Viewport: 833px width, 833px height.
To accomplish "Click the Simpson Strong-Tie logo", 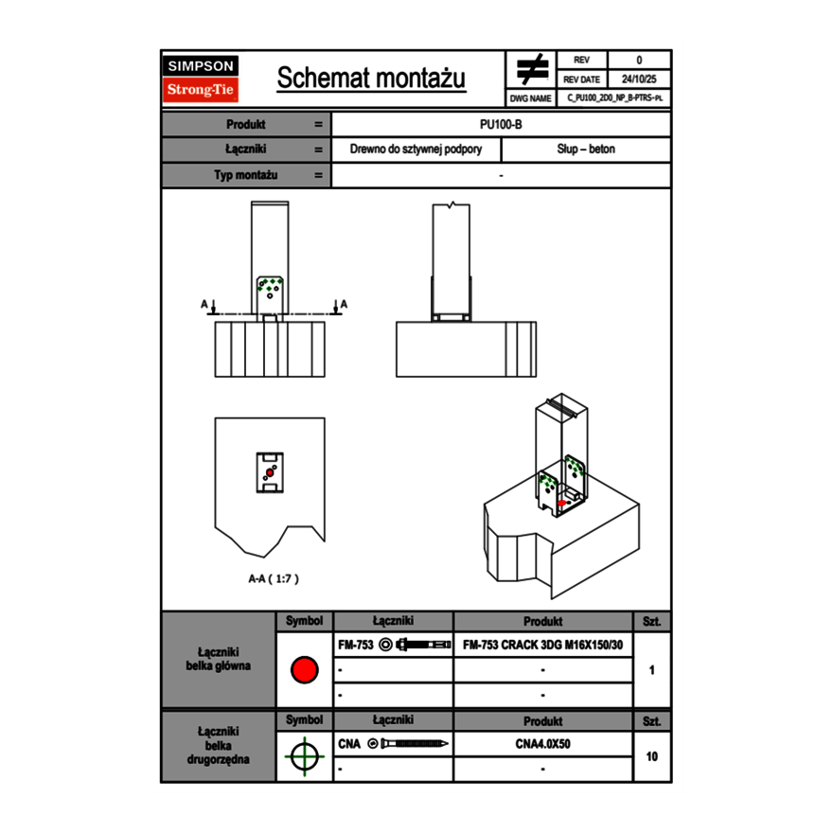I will click(x=202, y=79).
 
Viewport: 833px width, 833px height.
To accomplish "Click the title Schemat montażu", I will click(x=371, y=79).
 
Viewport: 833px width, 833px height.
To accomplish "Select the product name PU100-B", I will click(x=501, y=124).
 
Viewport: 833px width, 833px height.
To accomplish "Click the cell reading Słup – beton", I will click(x=586, y=150).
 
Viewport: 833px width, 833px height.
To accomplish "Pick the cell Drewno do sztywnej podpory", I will click(x=416, y=150).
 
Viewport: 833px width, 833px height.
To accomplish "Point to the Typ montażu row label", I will click(x=245, y=175).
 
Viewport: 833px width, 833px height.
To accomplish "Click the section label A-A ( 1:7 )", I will click(x=274, y=578).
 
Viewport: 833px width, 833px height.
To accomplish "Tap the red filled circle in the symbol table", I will click(x=304, y=670).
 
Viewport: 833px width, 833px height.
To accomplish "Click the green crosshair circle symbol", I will click(x=304, y=756).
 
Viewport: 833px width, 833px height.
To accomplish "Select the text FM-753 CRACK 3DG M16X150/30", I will click(x=542, y=647).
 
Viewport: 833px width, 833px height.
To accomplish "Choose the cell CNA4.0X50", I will click(x=542, y=744).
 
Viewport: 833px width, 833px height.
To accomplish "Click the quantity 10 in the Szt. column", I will click(x=652, y=756).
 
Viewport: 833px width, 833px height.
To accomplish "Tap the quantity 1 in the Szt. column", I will click(x=652, y=670).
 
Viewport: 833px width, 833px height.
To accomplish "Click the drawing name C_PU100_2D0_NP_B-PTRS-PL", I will click(x=614, y=97).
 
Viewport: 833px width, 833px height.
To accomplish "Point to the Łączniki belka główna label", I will click(x=219, y=659).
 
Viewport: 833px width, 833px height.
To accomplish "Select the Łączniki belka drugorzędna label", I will click(x=219, y=745).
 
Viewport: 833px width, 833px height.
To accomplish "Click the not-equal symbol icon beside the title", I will click(x=532, y=69).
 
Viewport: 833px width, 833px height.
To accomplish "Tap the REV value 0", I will click(x=639, y=61).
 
